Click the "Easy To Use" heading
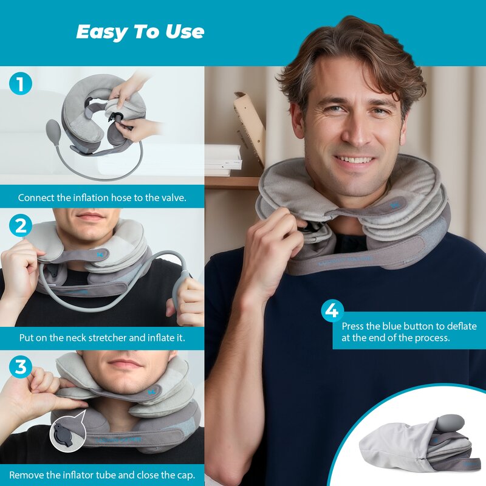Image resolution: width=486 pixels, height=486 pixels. (x=140, y=32)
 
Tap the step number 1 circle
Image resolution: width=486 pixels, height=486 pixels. (x=21, y=84)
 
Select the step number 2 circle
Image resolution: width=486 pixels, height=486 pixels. (x=21, y=226)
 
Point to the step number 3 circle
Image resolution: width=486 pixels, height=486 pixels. (x=21, y=367)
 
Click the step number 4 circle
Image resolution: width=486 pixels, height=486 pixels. (x=332, y=311)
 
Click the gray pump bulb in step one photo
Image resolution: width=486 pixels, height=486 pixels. (x=53, y=129)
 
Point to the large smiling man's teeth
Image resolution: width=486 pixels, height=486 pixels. (x=355, y=160)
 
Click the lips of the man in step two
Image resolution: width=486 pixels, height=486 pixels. (x=91, y=216)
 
